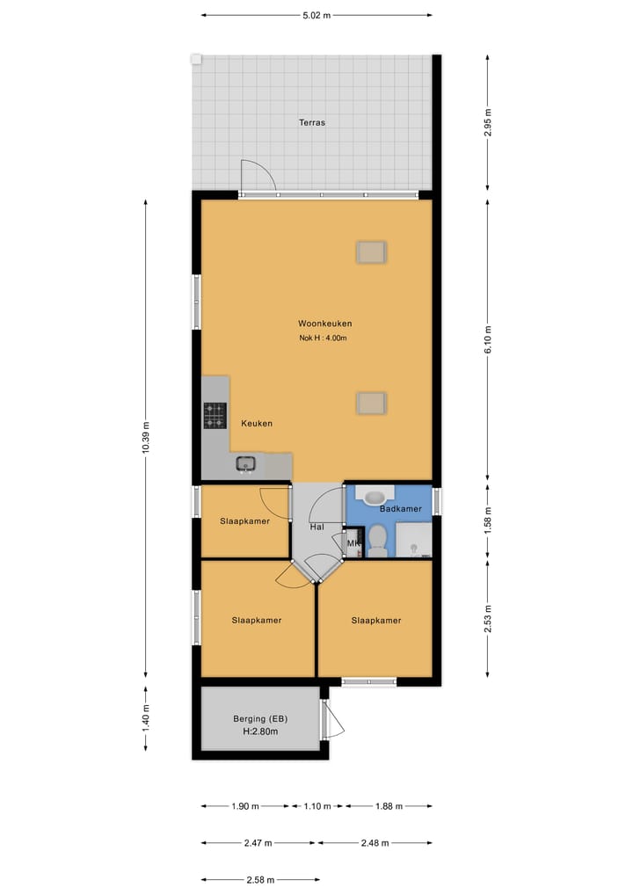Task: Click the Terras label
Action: (311, 123)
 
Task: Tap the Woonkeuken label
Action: (324, 324)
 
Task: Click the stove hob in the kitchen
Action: (215, 416)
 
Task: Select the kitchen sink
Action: (245, 464)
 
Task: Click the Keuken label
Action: (257, 424)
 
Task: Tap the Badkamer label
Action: (400, 509)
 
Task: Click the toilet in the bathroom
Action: (377, 541)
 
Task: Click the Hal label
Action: (316, 528)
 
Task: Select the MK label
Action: (353, 545)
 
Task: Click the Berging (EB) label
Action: (260, 718)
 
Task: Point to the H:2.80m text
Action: (260, 731)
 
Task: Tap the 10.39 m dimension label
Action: (147, 437)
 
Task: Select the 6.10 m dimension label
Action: (489, 338)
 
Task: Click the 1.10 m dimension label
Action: (316, 806)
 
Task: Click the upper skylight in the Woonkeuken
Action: (371, 252)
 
